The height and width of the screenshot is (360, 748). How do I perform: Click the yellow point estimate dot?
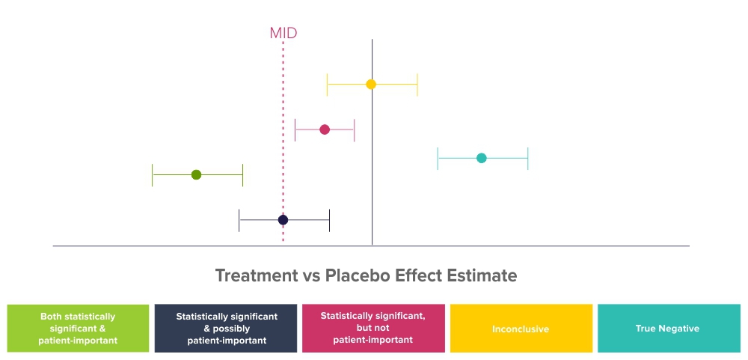coord(371,85)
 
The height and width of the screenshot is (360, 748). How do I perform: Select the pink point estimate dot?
coord(325,129)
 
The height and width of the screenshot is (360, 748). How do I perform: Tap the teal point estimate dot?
coord(481,158)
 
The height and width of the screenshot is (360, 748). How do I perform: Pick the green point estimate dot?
coord(196,174)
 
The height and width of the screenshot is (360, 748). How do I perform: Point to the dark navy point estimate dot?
coord(283,220)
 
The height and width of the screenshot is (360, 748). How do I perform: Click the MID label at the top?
coord(283,33)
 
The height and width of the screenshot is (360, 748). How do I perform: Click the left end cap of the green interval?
coord(152,174)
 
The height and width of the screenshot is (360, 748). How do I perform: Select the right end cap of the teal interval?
coord(527,159)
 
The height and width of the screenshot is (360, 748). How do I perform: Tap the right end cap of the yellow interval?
coord(417,85)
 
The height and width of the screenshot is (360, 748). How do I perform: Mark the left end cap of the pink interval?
coord(295,130)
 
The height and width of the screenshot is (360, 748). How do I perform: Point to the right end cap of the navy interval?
coord(329,220)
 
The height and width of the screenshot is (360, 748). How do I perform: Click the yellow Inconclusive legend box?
coord(521,329)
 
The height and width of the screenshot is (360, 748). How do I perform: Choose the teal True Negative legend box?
coord(669,329)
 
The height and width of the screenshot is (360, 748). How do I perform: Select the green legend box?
coord(78,329)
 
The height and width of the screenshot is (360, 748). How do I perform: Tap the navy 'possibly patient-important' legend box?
coord(226,329)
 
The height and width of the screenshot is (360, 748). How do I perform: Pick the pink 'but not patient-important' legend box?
coord(373,329)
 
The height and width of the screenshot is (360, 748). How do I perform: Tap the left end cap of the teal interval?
coord(438,159)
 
